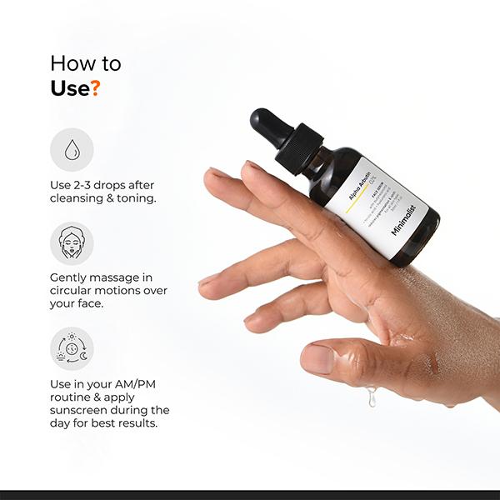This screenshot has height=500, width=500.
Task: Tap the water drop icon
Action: [72, 149]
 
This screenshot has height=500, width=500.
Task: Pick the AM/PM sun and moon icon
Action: [72, 348]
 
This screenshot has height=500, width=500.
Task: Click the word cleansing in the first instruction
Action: [77, 199]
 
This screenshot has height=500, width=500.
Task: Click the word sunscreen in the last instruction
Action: [84, 410]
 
